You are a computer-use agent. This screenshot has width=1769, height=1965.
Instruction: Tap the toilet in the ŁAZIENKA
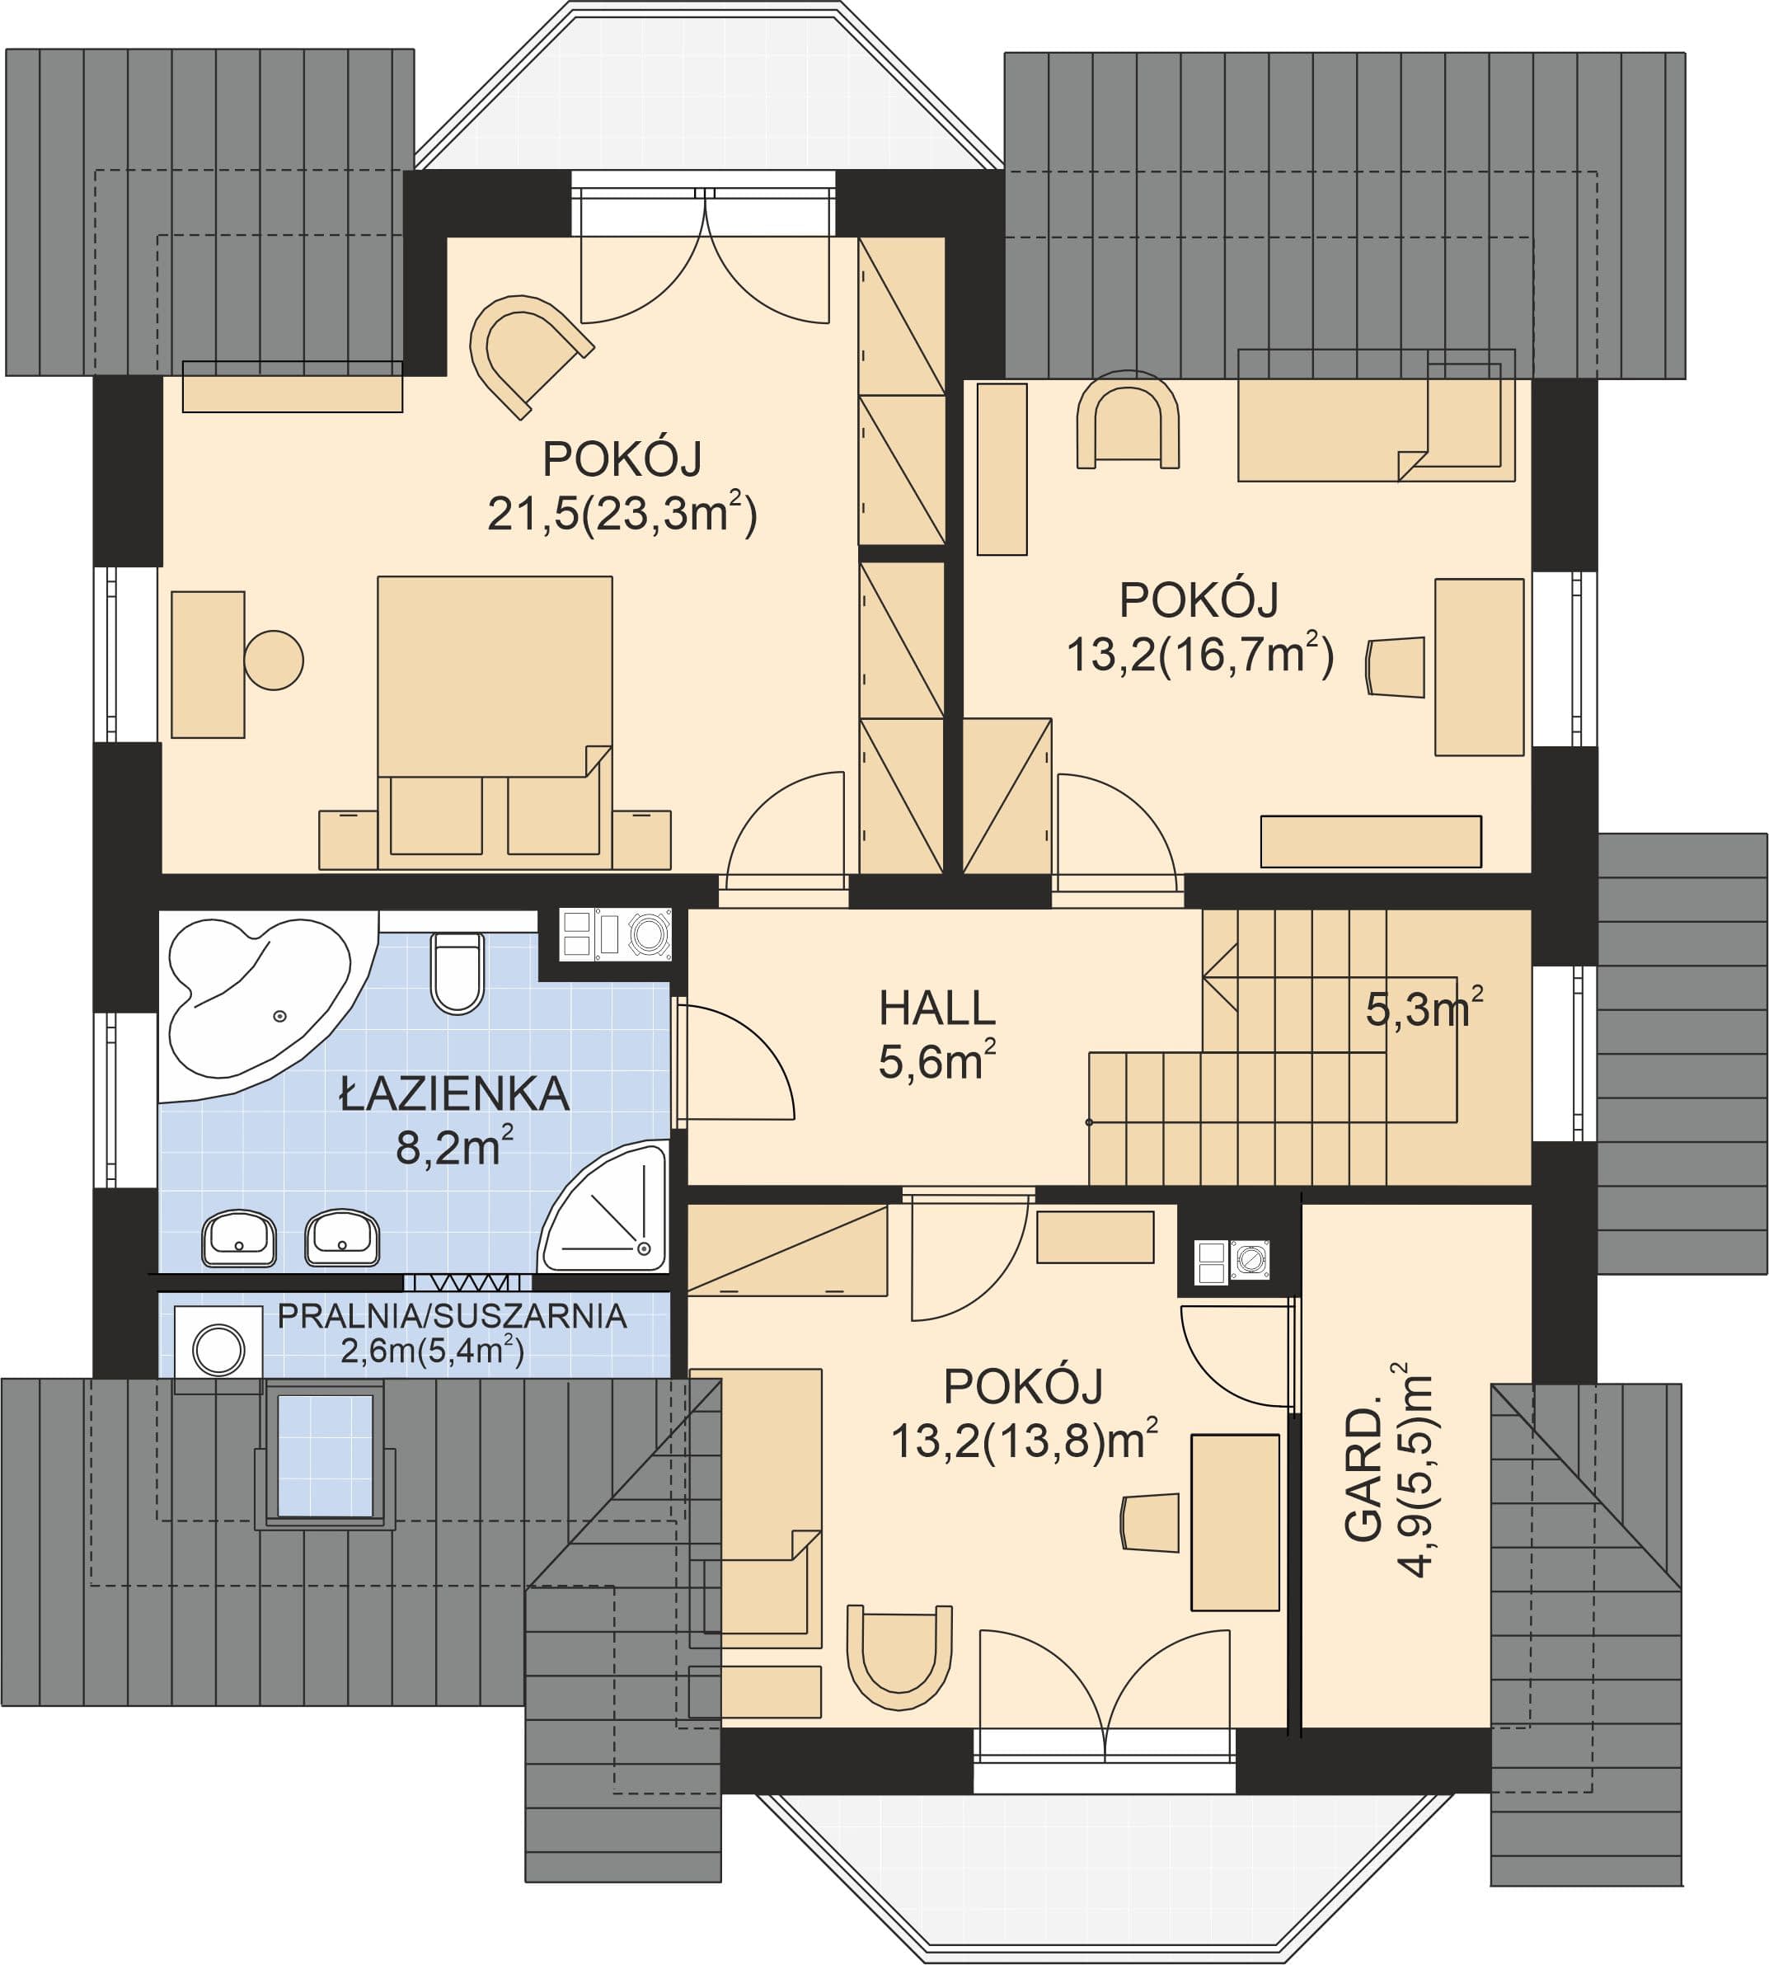[x=457, y=972]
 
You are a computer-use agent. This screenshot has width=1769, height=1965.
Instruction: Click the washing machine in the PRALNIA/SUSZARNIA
[x=218, y=1348]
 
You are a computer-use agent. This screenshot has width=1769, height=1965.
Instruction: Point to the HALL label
[x=937, y=1008]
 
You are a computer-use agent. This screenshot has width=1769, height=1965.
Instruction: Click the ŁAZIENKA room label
[x=454, y=1094]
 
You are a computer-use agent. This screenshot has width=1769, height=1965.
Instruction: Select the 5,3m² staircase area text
[x=1424, y=1008]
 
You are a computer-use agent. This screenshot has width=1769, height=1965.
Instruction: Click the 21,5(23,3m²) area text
[x=622, y=512]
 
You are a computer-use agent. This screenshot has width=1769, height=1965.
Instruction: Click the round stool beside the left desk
[x=274, y=660]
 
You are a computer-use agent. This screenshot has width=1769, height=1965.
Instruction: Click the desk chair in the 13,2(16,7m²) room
[x=1395, y=667]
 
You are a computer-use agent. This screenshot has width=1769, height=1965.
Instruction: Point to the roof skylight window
[x=326, y=1455]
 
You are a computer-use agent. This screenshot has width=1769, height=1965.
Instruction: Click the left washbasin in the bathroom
[x=239, y=1238]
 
